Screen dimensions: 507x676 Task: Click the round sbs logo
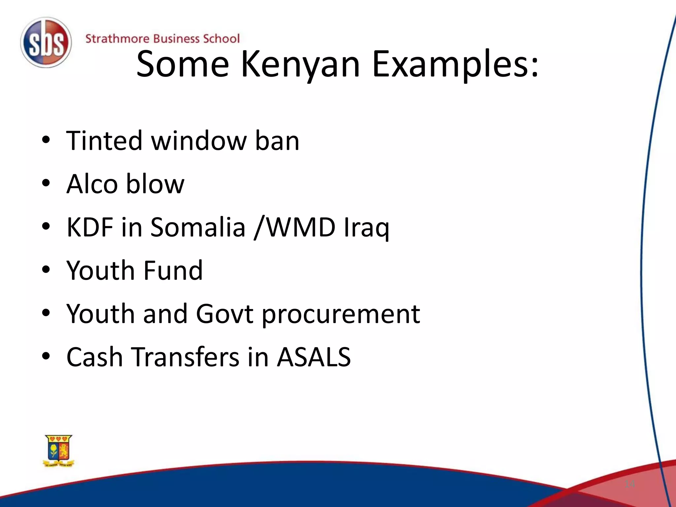(x=46, y=43)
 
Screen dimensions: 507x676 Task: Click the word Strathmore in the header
(x=118, y=39)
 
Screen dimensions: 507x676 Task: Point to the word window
(x=199, y=141)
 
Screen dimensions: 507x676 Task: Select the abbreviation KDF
(x=90, y=227)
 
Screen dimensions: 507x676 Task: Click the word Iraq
(x=366, y=228)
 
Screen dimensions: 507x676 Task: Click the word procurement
(x=341, y=314)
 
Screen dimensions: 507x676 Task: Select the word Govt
(x=225, y=314)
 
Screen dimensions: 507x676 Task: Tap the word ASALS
(x=314, y=357)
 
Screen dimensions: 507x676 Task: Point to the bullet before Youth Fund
(x=46, y=270)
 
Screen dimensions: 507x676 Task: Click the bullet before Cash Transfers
(x=46, y=357)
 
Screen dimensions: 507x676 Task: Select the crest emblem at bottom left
(x=59, y=451)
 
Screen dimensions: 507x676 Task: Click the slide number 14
(x=630, y=484)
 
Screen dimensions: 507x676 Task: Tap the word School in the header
(x=221, y=39)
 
